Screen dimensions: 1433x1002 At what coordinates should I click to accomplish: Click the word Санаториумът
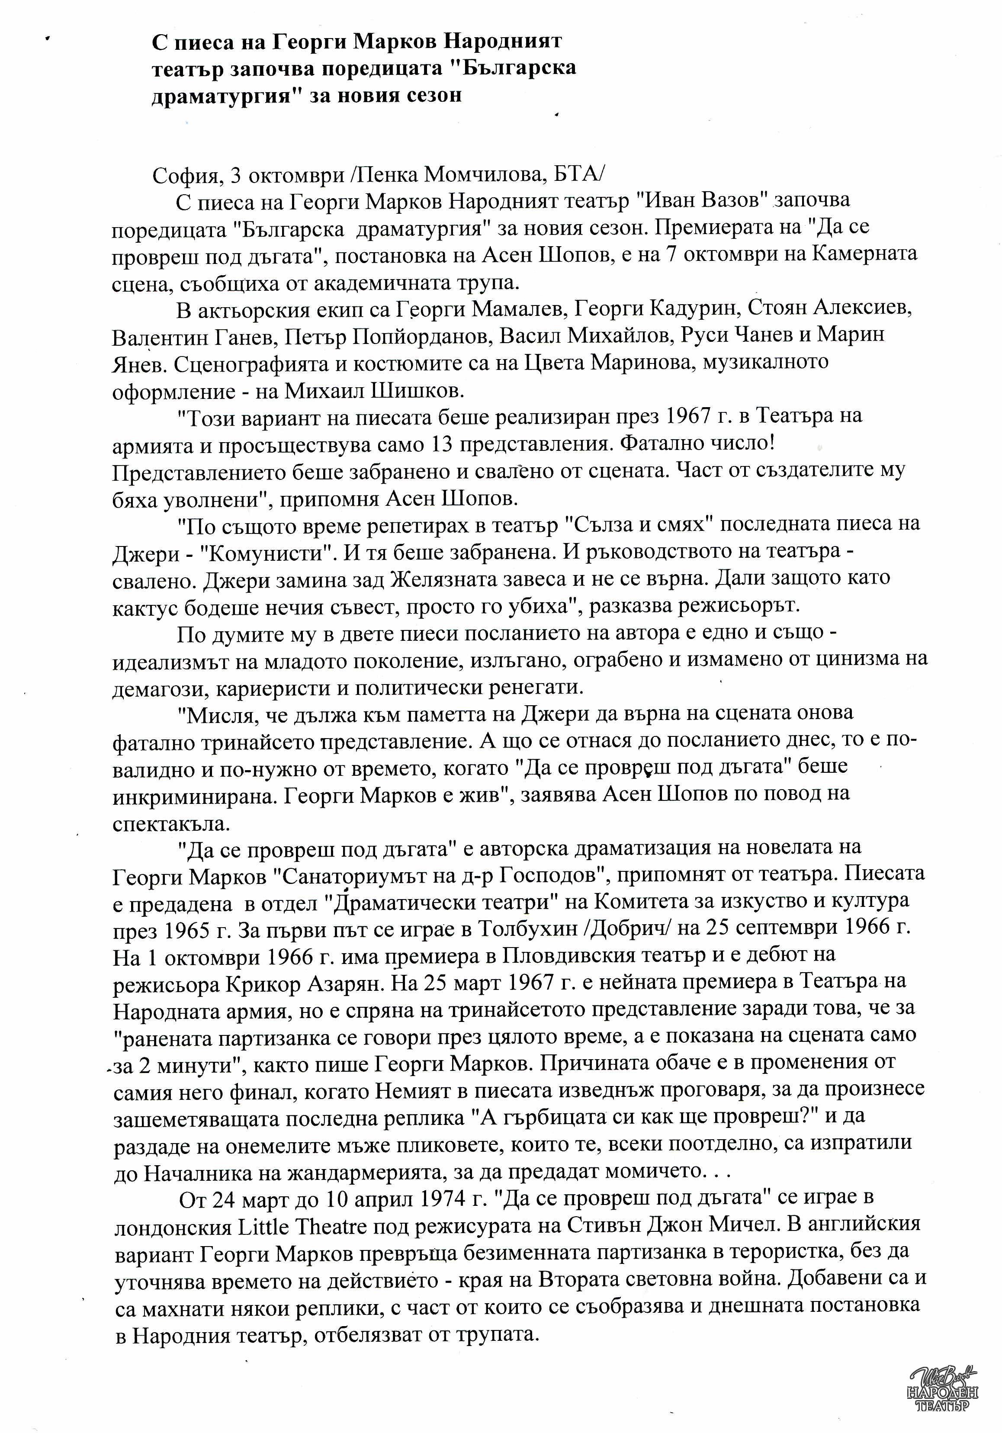362,876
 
